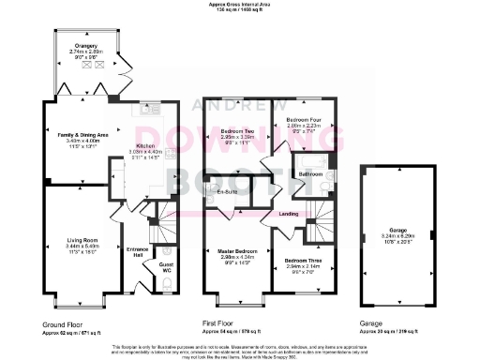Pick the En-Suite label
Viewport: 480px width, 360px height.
point(225,192)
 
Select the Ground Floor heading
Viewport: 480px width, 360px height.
point(60,322)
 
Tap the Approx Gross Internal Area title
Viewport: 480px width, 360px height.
point(239,5)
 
